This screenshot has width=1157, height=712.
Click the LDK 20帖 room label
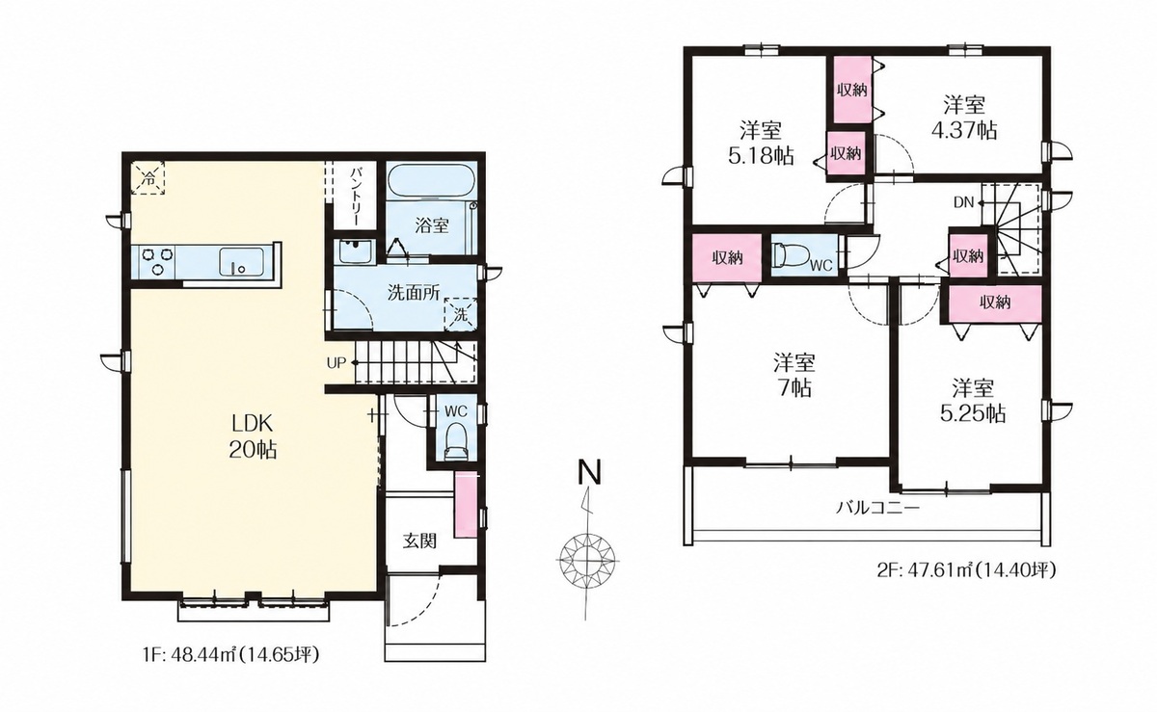pos(253,436)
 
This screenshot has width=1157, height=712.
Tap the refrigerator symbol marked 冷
pos(148,178)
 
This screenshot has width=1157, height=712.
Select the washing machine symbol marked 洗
pos(461,313)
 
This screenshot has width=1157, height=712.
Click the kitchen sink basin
pos(242,262)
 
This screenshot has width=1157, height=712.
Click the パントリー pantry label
pos(357,196)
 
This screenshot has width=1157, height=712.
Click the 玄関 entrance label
pos(420,541)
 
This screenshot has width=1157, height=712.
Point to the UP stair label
pos(336,363)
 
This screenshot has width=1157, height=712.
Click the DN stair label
pos(963,203)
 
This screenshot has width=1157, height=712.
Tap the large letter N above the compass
pos(589,472)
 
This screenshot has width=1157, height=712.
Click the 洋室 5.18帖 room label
pos(761,143)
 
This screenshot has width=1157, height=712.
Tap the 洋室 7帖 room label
pos(794,376)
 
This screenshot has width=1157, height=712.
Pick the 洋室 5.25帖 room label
pos(973,401)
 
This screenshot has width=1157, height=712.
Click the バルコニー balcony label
pos(877,509)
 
